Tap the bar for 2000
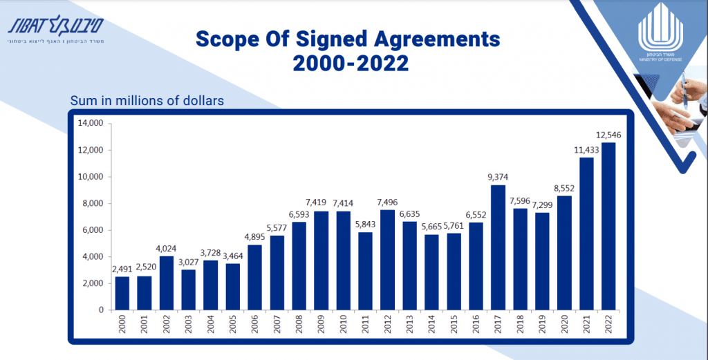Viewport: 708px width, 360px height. click(122, 293)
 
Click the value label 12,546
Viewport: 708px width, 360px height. click(608, 135)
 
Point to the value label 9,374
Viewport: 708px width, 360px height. click(498, 178)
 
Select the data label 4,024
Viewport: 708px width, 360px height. click(167, 249)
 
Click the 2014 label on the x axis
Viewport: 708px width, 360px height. click(431, 325)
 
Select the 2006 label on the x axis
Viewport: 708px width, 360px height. click(255, 325)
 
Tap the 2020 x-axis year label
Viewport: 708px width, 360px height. click(564, 325)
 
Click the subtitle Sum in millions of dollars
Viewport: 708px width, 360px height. click(147, 101)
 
